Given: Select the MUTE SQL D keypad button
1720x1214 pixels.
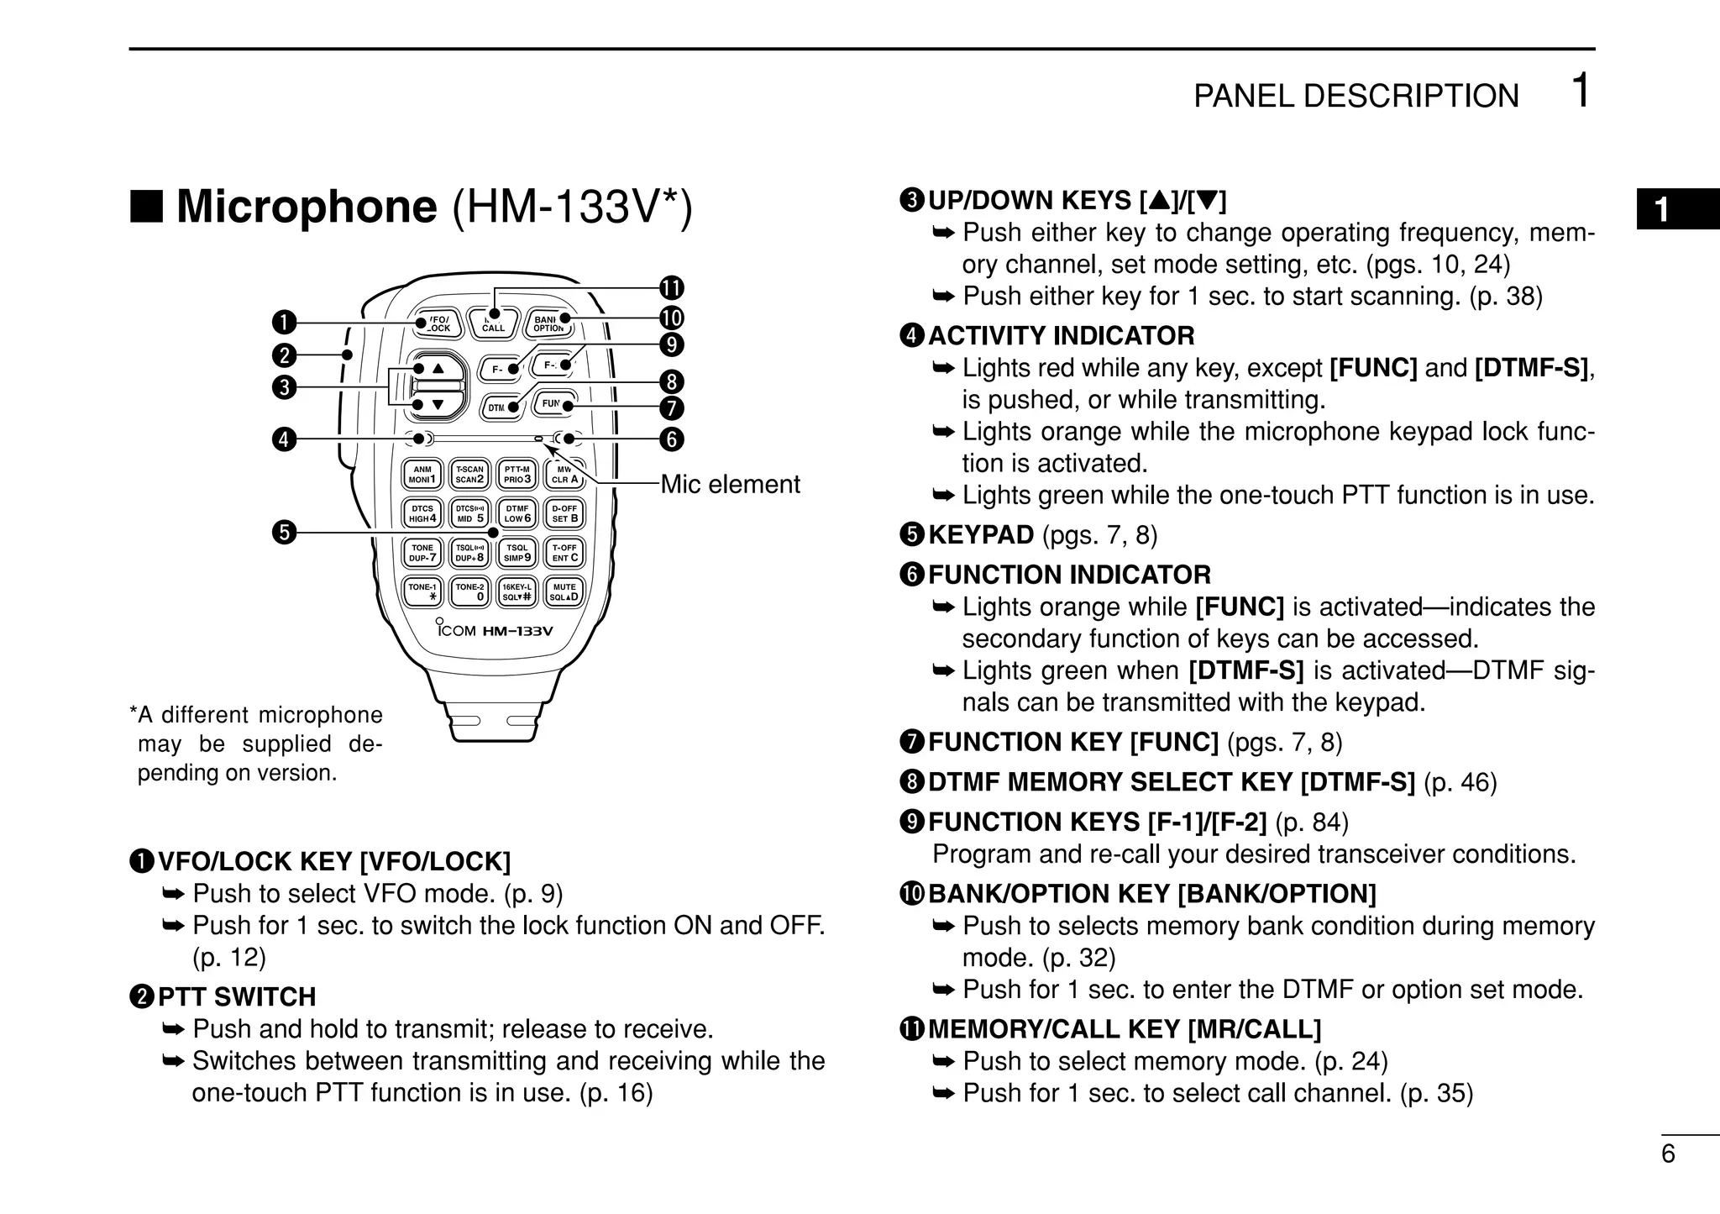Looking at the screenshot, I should (564, 591).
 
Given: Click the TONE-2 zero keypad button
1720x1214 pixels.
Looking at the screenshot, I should (470, 591).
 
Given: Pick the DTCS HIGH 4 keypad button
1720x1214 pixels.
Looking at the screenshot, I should (422, 513).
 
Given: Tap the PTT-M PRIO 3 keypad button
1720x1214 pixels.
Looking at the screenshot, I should (517, 475).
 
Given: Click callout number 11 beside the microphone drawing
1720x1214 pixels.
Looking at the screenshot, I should (671, 288).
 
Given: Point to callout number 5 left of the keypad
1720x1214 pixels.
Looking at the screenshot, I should (285, 532).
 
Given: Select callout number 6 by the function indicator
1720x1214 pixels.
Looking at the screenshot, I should (671, 439).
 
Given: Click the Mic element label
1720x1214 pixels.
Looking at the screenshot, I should (730, 485).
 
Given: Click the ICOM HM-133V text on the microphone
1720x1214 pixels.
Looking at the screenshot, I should (496, 630).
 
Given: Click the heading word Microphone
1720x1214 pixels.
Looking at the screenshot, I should (307, 207).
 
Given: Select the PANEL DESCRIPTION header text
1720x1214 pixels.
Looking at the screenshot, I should (1356, 97).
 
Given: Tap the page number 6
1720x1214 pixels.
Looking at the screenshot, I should (1667, 1154).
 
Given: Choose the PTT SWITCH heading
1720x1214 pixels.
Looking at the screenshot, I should (237, 996).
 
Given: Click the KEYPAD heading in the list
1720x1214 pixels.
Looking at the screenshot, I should (980, 535).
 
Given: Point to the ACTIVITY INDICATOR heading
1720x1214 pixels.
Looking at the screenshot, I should (1060, 336).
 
